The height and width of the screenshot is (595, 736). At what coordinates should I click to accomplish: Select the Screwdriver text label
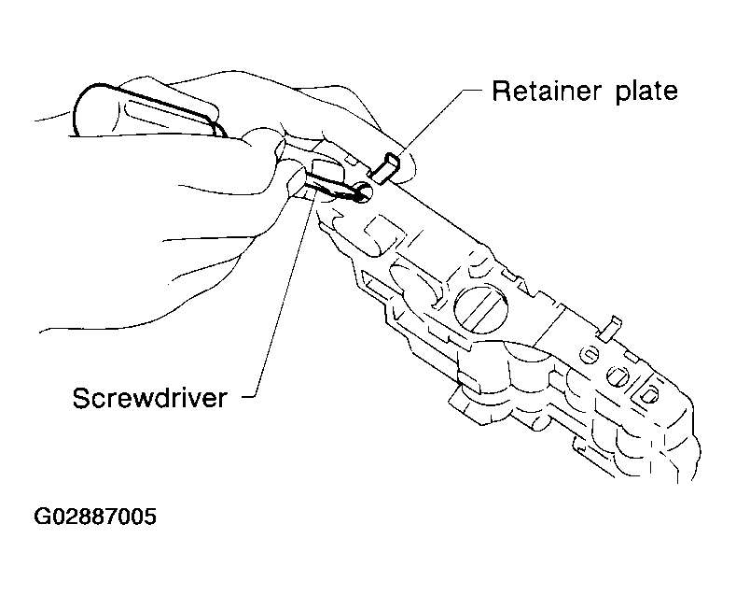coord(150,398)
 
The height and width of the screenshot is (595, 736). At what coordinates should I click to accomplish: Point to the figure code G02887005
coord(95,517)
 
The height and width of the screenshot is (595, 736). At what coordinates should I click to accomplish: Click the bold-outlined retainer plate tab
coord(386,167)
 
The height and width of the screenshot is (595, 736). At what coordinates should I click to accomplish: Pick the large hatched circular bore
coord(481,308)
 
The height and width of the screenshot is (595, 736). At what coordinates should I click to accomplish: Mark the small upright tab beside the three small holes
coord(611,327)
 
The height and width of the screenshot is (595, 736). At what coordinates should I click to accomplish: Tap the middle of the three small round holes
coord(617,376)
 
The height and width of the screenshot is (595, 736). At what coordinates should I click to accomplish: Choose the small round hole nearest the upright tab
coord(589,354)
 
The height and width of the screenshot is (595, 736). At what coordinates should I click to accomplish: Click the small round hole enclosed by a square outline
coord(648,394)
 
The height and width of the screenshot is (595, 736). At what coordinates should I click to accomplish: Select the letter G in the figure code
coord(42,517)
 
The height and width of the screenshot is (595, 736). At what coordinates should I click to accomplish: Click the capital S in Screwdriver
coord(82,398)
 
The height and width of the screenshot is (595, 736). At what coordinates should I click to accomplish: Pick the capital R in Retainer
coord(501,91)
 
